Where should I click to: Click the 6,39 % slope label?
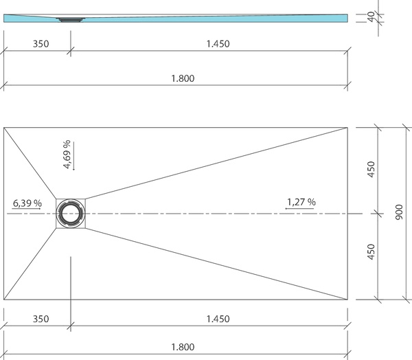coord(27,203)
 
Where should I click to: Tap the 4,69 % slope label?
coord(67,154)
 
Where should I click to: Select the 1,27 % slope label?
coord(301,202)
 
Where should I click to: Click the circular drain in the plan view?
coord(71,213)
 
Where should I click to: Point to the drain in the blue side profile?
coord(71,19)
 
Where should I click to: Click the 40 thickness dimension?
coord(371,16)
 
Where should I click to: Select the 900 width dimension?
coord(399,212)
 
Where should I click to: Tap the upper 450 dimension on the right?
coord(371,169)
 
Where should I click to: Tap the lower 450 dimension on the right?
coord(371,251)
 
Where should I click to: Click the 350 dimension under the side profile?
coord(41,44)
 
